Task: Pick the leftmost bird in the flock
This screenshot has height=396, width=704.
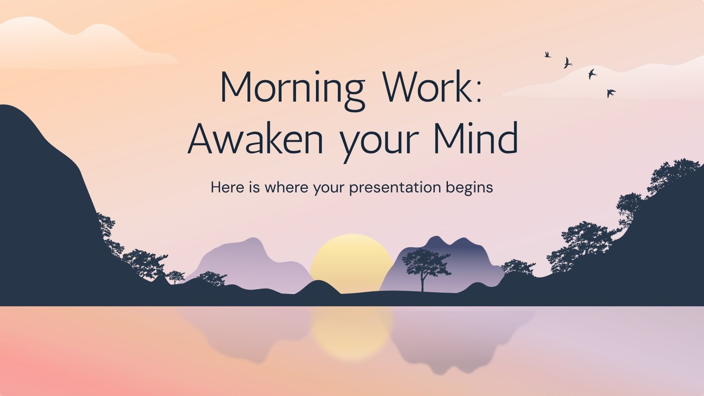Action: coord(548,55)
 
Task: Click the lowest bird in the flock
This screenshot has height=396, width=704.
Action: coord(611,93)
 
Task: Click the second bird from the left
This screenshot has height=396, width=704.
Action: coord(568,63)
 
